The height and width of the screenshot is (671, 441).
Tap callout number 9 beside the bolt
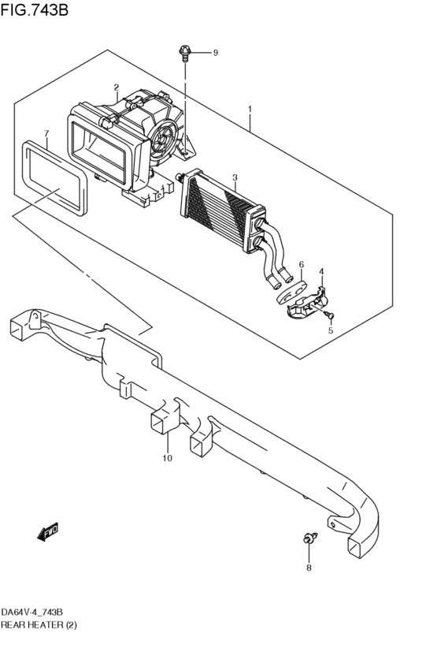[x=215, y=53]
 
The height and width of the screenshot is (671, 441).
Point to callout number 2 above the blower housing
[x=116, y=88]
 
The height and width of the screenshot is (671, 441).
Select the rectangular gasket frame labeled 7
[x=51, y=177]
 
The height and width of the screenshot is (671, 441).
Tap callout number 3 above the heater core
[x=234, y=177]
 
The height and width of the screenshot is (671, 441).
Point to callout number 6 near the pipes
[x=301, y=265]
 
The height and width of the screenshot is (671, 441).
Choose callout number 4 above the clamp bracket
[x=321, y=272]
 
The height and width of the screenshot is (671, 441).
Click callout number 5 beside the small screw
[x=331, y=331]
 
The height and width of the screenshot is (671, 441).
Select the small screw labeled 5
[x=330, y=315]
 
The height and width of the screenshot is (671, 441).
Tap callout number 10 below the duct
[x=167, y=457]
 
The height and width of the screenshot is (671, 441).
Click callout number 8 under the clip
[x=309, y=568]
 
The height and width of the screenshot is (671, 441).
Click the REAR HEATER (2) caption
[x=39, y=624]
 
